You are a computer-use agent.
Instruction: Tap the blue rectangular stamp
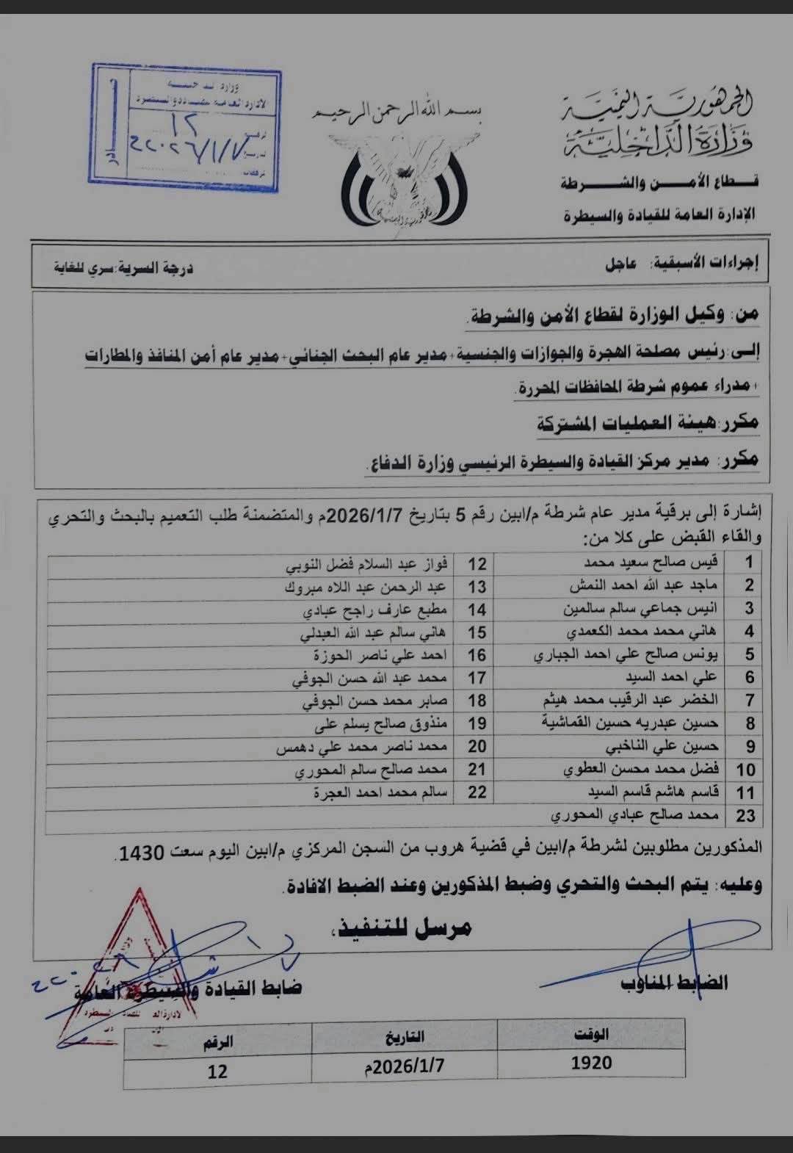(185, 127)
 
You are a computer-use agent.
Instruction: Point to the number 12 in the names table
(477, 563)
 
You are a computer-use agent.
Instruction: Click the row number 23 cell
(745, 816)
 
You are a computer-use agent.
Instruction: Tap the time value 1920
(592, 1062)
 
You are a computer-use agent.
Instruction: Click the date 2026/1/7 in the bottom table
(405, 1066)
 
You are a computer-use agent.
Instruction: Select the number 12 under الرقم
(217, 1071)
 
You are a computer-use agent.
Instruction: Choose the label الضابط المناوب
(675, 983)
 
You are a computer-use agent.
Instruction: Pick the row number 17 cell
(477, 678)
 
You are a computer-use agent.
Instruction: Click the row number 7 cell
(749, 701)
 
